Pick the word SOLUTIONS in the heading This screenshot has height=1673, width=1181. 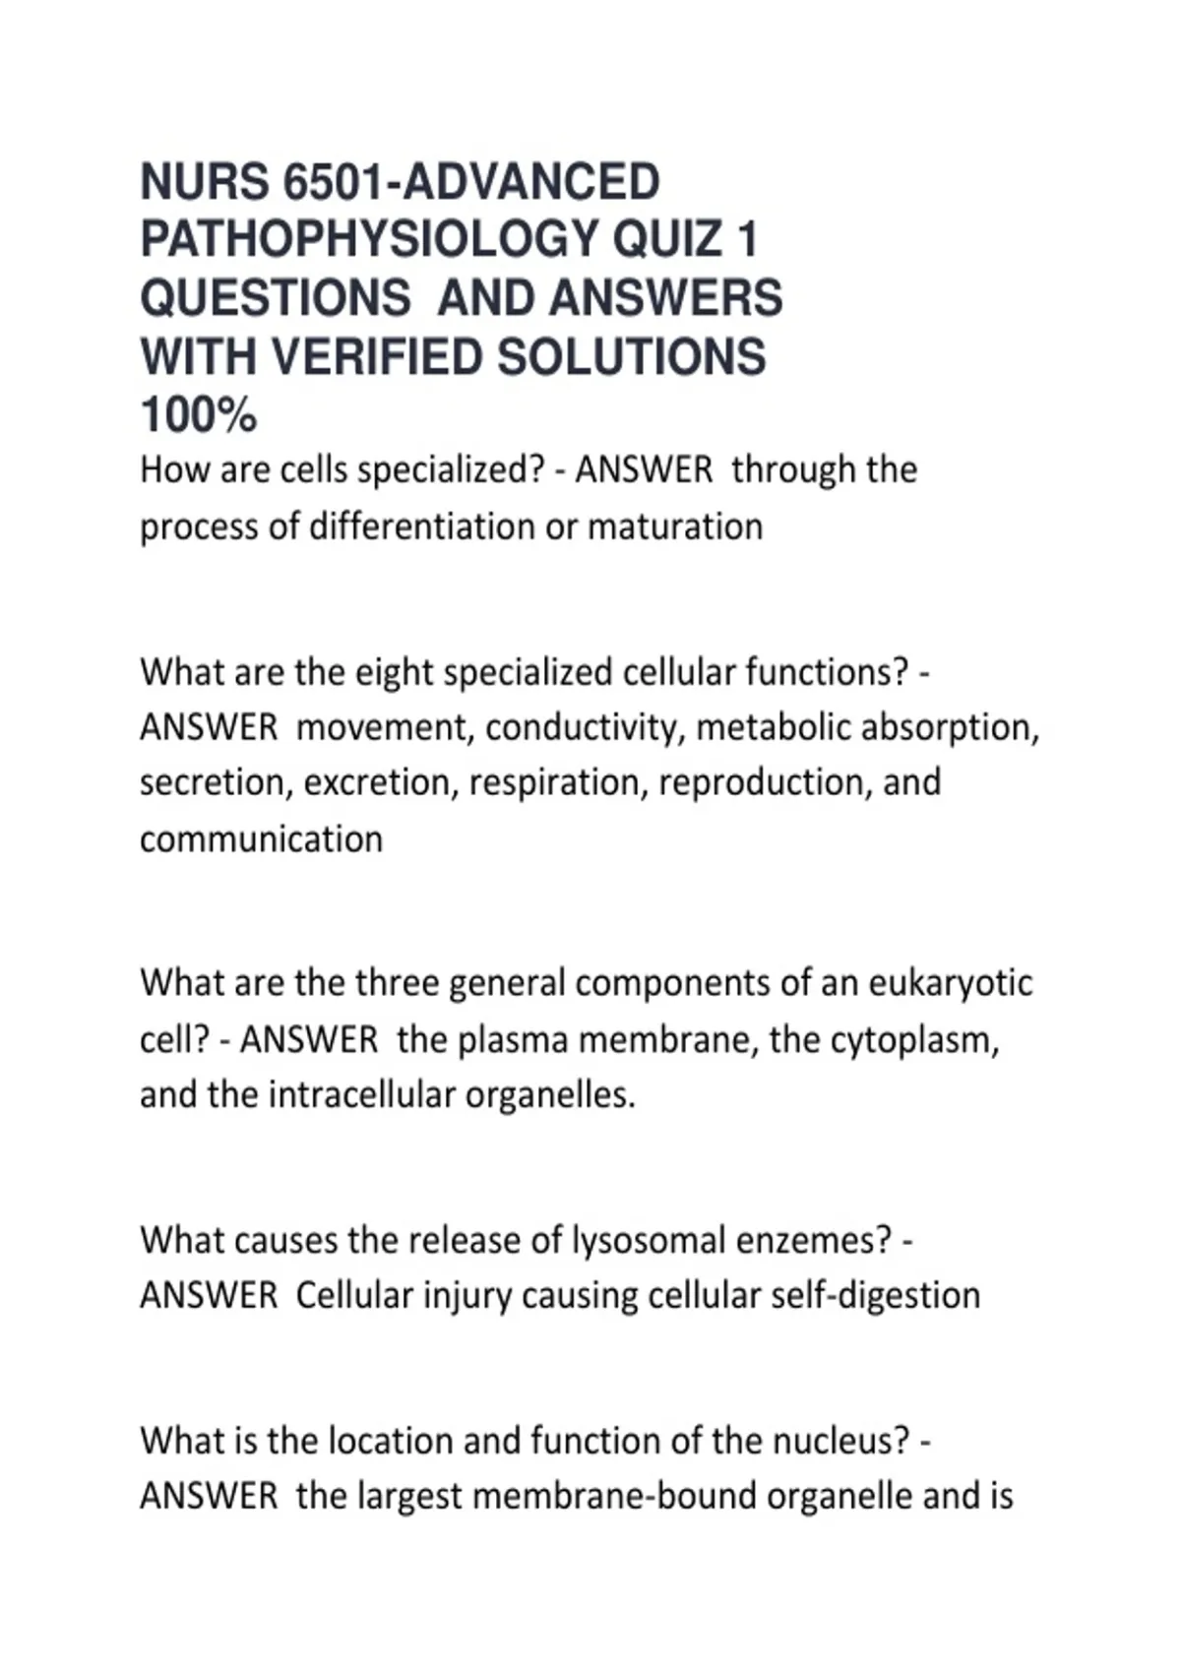631,356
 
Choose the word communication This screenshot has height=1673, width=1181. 261,839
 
